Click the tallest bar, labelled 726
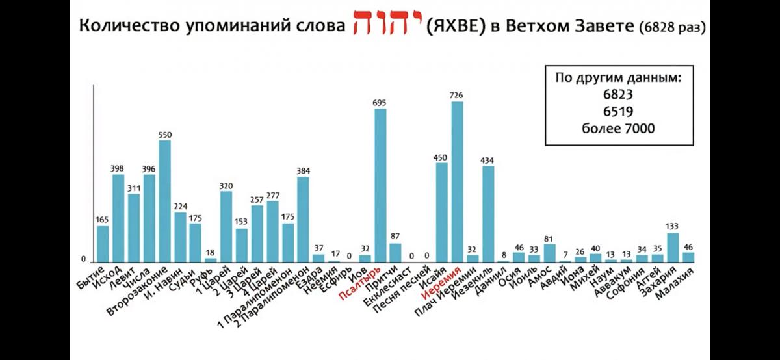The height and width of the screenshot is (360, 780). coord(457,182)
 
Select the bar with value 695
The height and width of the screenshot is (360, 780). coord(380,185)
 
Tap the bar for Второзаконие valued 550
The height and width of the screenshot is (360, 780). coord(164,201)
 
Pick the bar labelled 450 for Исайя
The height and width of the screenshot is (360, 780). coord(441,212)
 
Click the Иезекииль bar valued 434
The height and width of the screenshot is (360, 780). coord(487,214)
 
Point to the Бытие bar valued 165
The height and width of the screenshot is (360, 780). coord(103,244)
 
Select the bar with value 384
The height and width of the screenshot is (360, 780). coord(303,219)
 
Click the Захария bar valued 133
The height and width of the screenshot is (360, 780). coord(673,248)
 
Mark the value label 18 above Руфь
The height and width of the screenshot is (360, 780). coord(211,253)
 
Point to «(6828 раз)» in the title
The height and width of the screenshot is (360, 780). coord(672,29)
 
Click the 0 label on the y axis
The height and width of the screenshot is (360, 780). coord(83,259)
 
